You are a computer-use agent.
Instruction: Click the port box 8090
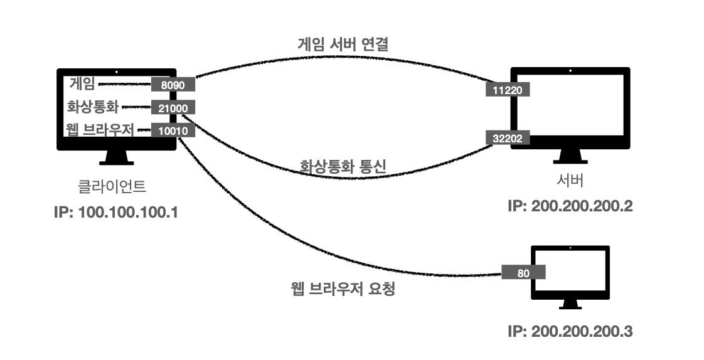pos(173,83)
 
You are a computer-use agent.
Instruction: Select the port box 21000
pos(173,107)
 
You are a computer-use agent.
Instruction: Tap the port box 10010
pos(173,130)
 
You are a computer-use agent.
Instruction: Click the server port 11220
pos(508,90)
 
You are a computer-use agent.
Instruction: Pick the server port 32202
pos(508,138)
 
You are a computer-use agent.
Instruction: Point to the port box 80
pos(523,273)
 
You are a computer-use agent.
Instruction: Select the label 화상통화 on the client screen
pos(92,106)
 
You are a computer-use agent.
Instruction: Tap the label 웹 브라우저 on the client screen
pos(100,130)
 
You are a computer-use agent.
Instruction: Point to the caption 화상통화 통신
pos(343,167)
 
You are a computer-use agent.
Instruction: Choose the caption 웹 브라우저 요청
pos(343,290)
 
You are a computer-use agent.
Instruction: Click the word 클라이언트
pos(117,186)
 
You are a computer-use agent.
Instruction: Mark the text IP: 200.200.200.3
pos(570,331)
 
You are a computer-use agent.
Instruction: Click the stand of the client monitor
pos(117,158)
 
